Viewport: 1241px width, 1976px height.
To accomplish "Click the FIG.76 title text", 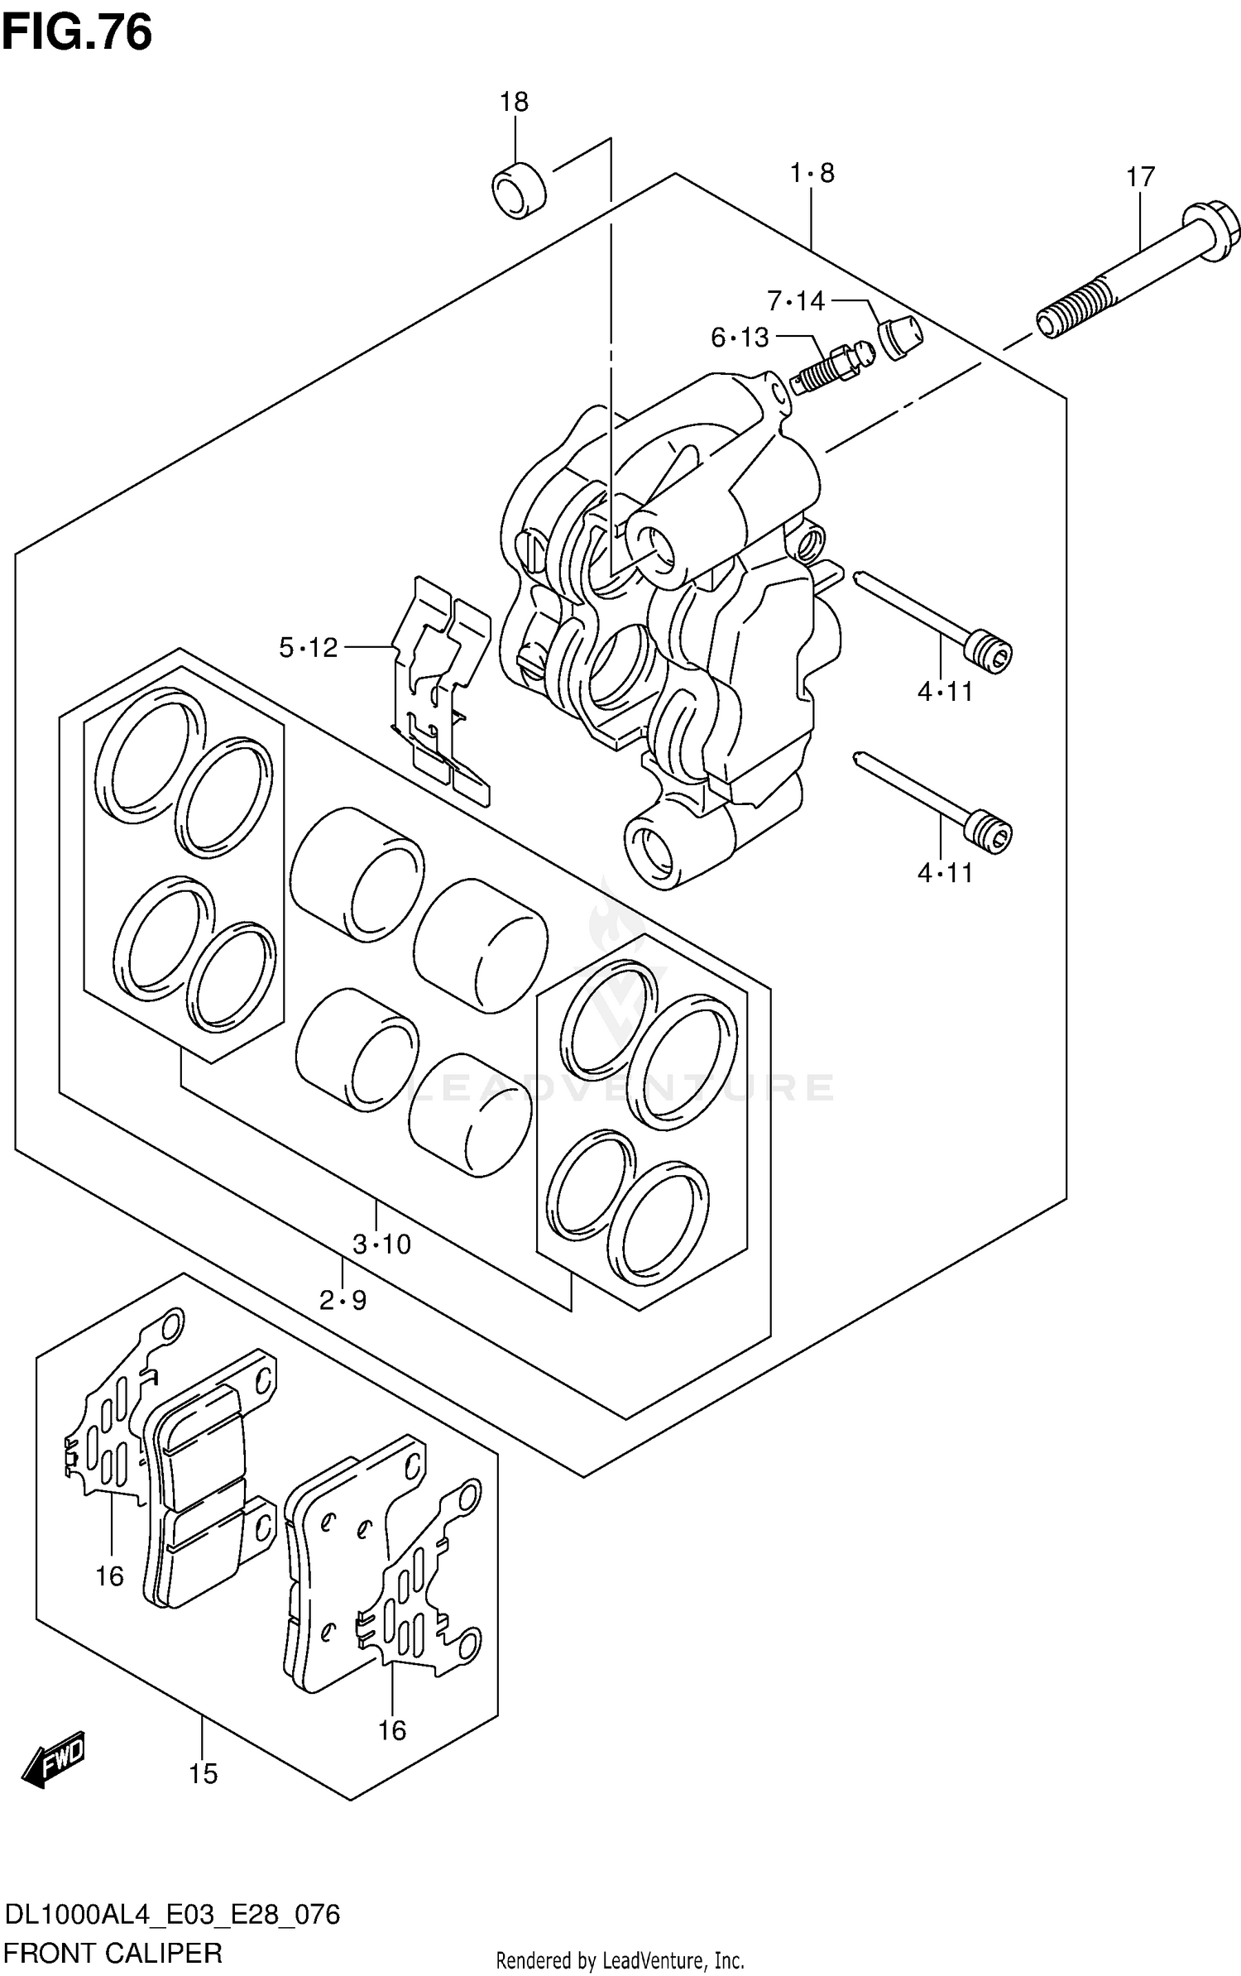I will (x=76, y=33).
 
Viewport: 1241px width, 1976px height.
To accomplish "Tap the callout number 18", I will (x=514, y=102).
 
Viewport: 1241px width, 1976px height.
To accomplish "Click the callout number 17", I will (x=1140, y=177).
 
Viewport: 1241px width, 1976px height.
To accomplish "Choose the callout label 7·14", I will (x=796, y=301).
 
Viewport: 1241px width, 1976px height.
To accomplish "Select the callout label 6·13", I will (x=740, y=337).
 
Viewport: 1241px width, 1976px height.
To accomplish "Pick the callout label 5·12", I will (x=309, y=647).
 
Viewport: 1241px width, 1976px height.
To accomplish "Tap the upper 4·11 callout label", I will (x=945, y=691).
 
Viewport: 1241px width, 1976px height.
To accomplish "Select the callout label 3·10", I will (x=381, y=1244).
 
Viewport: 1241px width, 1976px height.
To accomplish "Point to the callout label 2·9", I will (x=343, y=1301).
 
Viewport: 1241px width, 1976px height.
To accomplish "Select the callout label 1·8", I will (x=812, y=173).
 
